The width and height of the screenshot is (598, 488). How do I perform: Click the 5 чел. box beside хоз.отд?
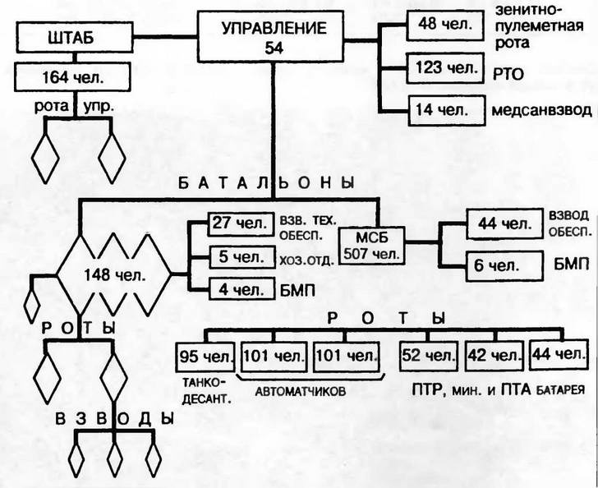[237, 256]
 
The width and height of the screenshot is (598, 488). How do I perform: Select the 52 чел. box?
[428, 357]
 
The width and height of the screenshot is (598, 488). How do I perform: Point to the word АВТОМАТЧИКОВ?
[301, 392]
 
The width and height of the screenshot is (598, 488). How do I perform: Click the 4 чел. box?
[237, 290]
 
